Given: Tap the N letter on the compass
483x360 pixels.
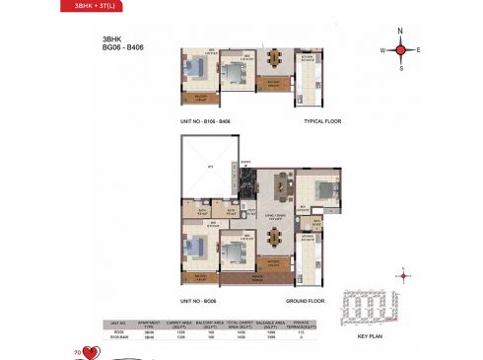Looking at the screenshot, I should click(401, 30).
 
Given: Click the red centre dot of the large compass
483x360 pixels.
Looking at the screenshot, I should click(401, 49).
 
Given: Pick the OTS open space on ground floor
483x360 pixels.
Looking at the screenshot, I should click(208, 170).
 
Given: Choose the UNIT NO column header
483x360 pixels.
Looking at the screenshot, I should click(118, 324).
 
